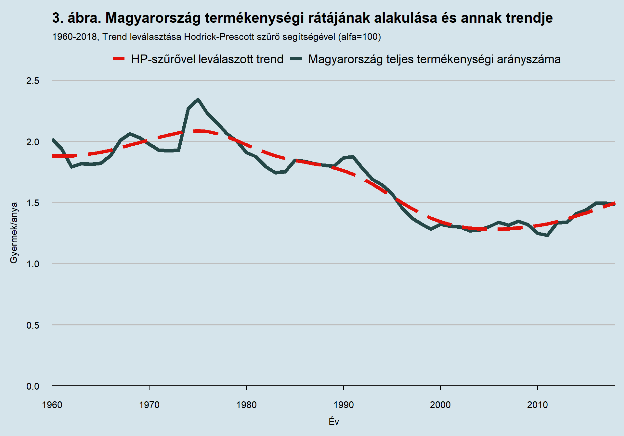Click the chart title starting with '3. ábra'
pos(302,18)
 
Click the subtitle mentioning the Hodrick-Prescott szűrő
pos(216,37)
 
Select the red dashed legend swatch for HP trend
pos(119,59)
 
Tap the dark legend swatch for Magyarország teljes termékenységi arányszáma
pos(296,59)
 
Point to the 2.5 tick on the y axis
pos(33,81)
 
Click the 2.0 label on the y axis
pos(33,142)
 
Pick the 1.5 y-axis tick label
pos(33,203)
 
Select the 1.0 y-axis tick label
pos(33,264)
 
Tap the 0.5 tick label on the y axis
pos(33,325)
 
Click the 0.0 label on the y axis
pos(33,386)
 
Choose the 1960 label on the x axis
pos(52,405)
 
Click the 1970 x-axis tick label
pos(149,405)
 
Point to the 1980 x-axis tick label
pos(246,405)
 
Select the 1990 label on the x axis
pos(344,405)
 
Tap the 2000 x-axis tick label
pos(440,405)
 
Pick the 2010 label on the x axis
pos(538,405)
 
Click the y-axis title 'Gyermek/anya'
pos(14,233)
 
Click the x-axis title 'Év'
pos(334,422)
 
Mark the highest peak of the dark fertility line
pos(198,99)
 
